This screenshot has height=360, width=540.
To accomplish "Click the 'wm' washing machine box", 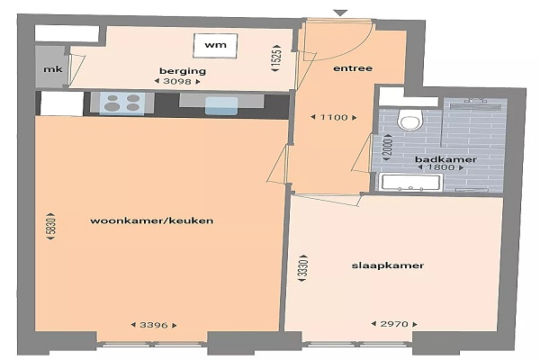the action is [215, 46].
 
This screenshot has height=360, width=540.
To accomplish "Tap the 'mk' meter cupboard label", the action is [53, 69].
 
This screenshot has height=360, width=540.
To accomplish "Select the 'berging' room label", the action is [183, 71].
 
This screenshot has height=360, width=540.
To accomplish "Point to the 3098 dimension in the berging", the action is [177, 82].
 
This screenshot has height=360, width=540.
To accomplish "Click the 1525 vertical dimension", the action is [276, 58].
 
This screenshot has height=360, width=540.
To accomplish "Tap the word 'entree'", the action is [353, 68].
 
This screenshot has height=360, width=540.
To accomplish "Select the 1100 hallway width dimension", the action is [334, 118].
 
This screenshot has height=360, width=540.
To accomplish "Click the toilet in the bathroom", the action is [409, 119].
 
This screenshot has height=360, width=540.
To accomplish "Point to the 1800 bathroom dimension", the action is [440, 167].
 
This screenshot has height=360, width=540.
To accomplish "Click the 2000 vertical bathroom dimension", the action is [388, 148].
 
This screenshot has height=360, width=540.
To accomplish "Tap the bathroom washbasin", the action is [411, 182].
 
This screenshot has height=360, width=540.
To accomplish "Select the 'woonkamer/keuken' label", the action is [151, 220].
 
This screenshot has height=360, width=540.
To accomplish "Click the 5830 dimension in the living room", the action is [50, 226].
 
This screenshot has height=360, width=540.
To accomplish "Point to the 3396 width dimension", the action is [154, 325].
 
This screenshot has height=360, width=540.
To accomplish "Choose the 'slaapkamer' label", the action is [387, 265].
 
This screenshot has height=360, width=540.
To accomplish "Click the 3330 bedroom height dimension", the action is [302, 269].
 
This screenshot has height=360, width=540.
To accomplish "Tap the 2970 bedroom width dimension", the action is [394, 324].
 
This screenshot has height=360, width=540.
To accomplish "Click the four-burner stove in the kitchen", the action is [122, 103].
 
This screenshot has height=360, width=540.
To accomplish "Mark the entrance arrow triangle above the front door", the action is [341, 13].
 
